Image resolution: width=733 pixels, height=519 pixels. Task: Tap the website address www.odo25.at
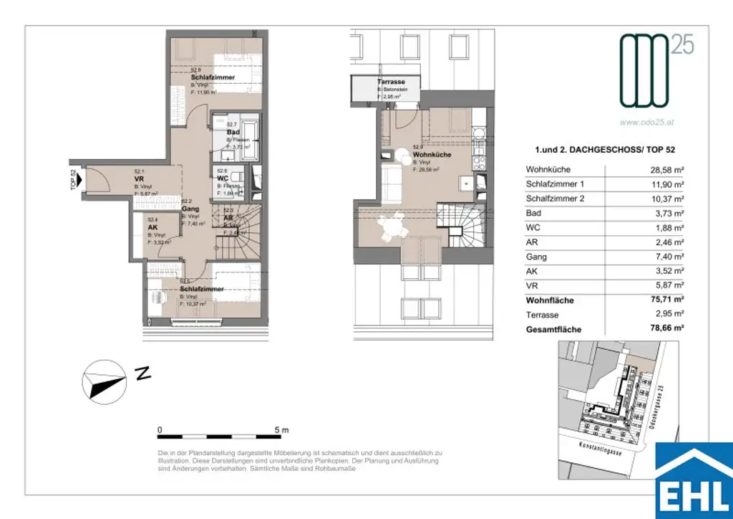click(x=646, y=122)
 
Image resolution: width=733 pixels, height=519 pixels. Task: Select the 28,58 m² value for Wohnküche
click(x=664, y=170)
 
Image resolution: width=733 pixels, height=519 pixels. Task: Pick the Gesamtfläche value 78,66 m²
click(x=664, y=329)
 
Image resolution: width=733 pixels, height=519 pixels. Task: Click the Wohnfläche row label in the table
click(x=550, y=300)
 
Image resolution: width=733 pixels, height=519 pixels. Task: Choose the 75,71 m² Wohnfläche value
click(x=664, y=300)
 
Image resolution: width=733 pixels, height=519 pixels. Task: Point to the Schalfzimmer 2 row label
click(x=555, y=199)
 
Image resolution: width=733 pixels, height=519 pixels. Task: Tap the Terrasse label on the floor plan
click(x=391, y=82)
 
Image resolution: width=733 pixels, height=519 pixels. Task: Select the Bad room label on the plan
click(x=233, y=133)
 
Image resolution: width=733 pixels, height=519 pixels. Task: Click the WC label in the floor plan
click(x=223, y=178)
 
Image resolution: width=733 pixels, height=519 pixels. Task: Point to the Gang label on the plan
click(x=190, y=209)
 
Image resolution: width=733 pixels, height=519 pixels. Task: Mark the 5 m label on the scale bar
click(x=281, y=430)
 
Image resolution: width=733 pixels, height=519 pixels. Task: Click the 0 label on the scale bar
click(x=160, y=430)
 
